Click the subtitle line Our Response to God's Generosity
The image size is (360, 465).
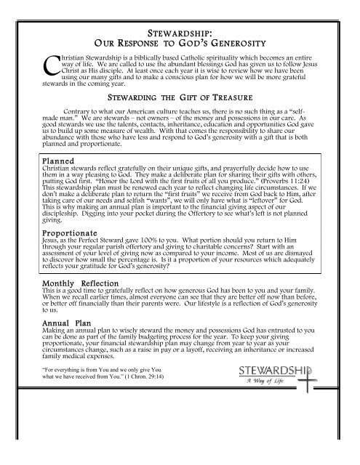180,44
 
